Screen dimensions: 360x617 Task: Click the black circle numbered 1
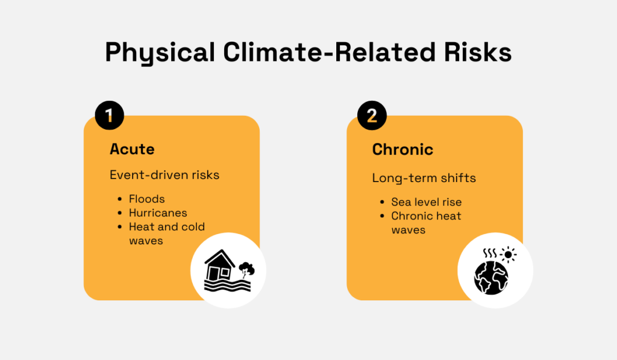coord(109,116)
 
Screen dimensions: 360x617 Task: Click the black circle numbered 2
coord(372,116)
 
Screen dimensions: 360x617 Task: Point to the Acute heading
coord(132,149)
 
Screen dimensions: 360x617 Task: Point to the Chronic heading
coord(402,149)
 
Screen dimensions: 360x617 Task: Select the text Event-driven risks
coord(164,175)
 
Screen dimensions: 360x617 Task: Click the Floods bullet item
coord(146,199)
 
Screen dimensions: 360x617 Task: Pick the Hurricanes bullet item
coord(158,213)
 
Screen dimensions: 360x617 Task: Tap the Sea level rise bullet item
coord(426,202)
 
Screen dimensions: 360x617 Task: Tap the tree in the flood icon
coord(246,268)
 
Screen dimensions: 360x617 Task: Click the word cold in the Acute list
coord(193,227)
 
